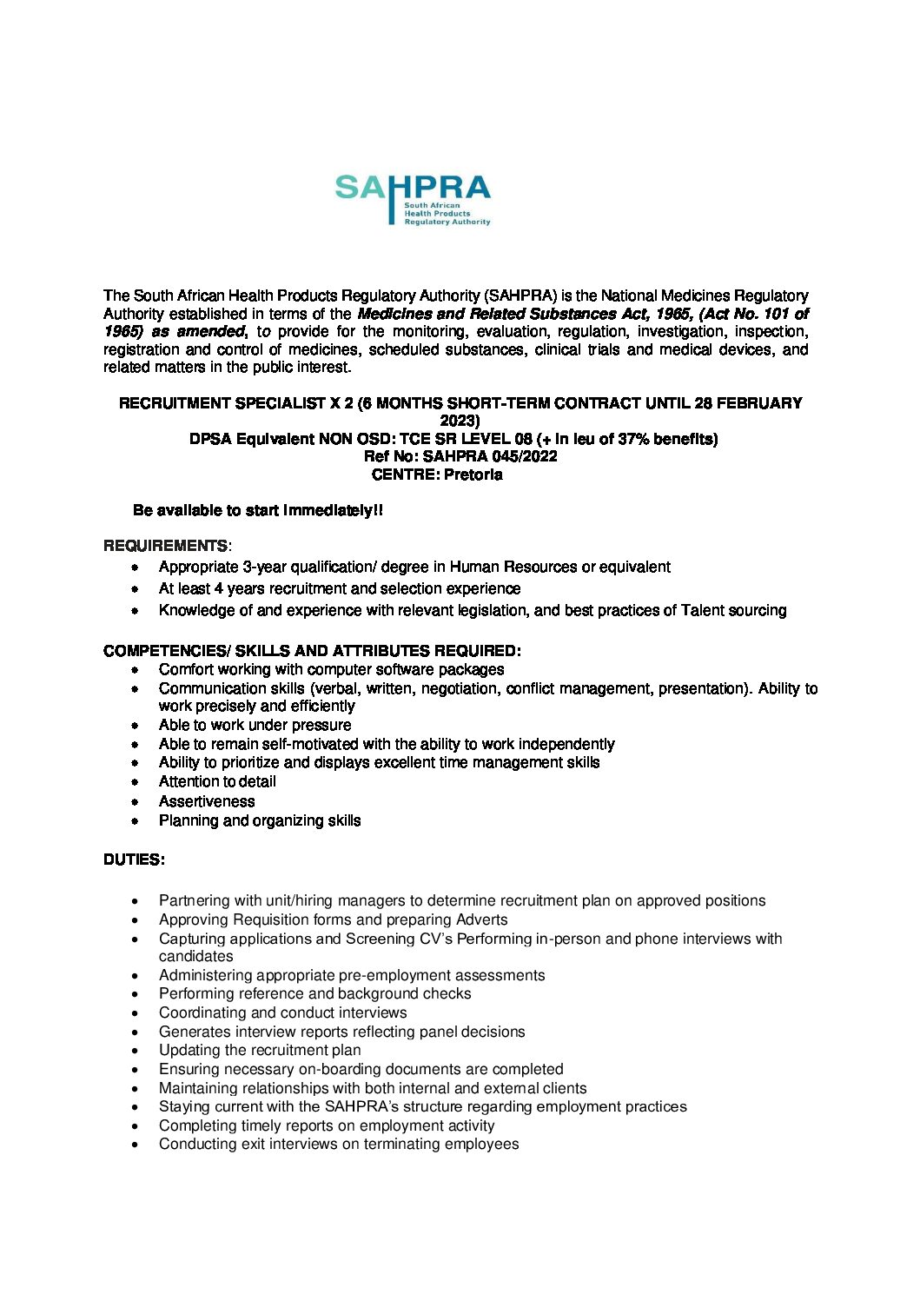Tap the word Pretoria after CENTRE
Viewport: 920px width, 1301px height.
pyautogui.click(x=473, y=475)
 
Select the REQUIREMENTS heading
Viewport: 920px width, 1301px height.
pyautogui.click(x=166, y=546)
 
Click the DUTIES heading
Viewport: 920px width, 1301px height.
pyautogui.click(x=134, y=860)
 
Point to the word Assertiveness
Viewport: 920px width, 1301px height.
pyautogui.click(x=207, y=801)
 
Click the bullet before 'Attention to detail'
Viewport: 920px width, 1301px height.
pyautogui.click(x=135, y=782)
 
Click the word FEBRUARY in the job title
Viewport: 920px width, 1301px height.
pyautogui.click(x=759, y=403)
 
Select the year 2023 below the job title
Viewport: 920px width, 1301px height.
pyautogui.click(x=460, y=421)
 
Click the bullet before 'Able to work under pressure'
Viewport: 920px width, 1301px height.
pyautogui.click(x=135, y=726)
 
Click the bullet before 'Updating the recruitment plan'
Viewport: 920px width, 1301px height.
pyautogui.click(x=135, y=1051)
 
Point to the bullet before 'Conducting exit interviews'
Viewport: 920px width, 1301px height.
pyautogui.click(x=135, y=1145)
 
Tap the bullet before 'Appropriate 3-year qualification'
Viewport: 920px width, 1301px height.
pyautogui.click(x=135, y=568)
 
